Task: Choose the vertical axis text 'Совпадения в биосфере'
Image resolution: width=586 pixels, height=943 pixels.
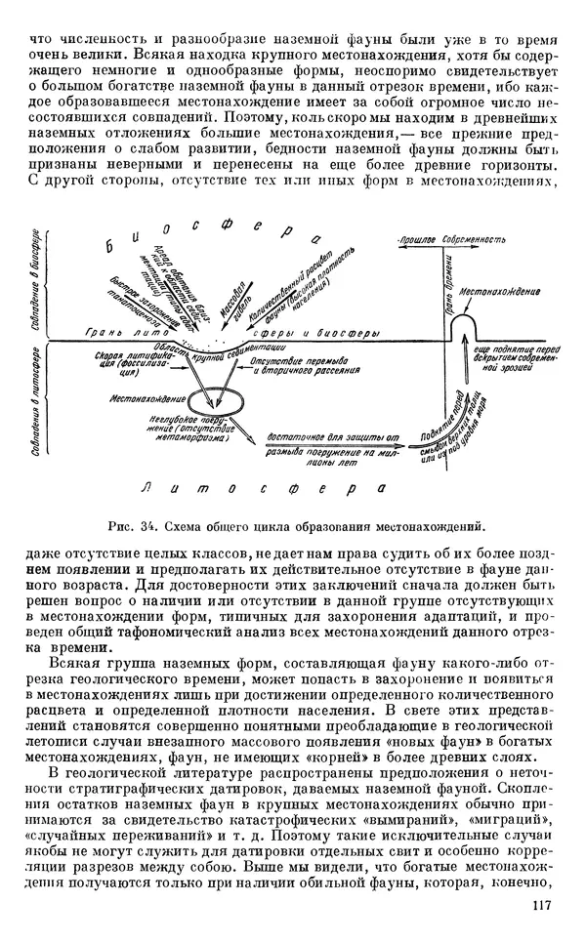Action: click(x=36, y=284)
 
